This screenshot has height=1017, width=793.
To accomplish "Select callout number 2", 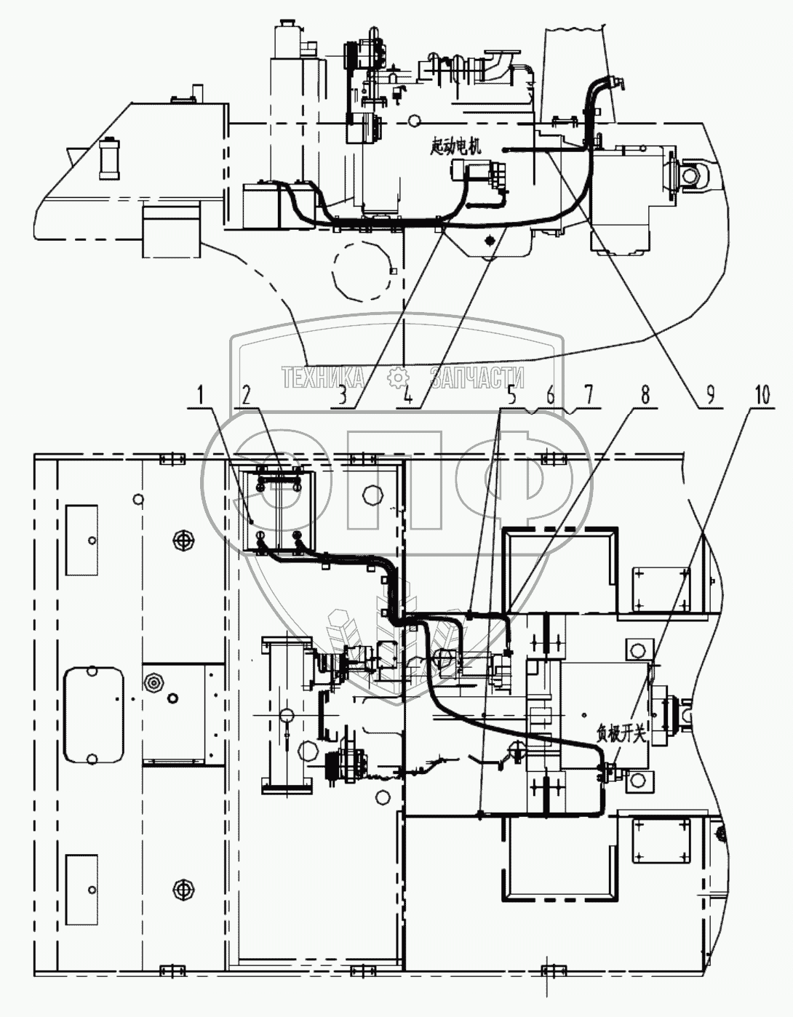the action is (247, 396).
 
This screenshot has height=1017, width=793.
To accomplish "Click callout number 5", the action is (512, 396).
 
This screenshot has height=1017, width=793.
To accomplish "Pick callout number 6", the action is (551, 396).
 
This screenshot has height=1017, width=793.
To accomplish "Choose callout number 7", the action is (588, 396).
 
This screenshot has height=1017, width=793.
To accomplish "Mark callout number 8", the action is (645, 396).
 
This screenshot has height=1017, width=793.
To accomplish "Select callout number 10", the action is (762, 396).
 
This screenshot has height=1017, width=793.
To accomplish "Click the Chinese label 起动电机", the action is (456, 148).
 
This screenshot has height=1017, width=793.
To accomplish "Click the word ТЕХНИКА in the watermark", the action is (323, 378).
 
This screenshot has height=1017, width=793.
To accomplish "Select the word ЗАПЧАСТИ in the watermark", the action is (477, 378).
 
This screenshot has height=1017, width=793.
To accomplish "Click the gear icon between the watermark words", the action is (398, 378).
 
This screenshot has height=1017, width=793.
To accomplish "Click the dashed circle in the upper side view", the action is (362, 272).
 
